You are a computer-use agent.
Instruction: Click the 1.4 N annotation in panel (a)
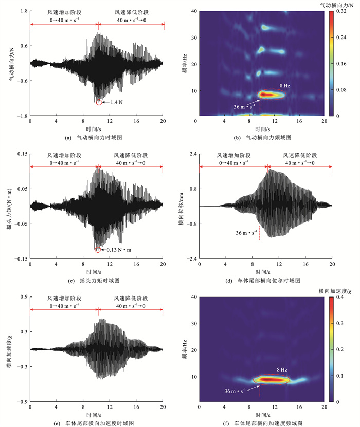click(x=115, y=103)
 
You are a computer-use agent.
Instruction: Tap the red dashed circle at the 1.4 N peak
click(x=99, y=103)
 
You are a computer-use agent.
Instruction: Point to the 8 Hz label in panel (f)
click(x=282, y=369)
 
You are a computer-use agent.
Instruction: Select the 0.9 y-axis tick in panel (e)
click(x=23, y=297)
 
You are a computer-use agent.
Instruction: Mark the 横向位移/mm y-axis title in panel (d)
click(x=182, y=207)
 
